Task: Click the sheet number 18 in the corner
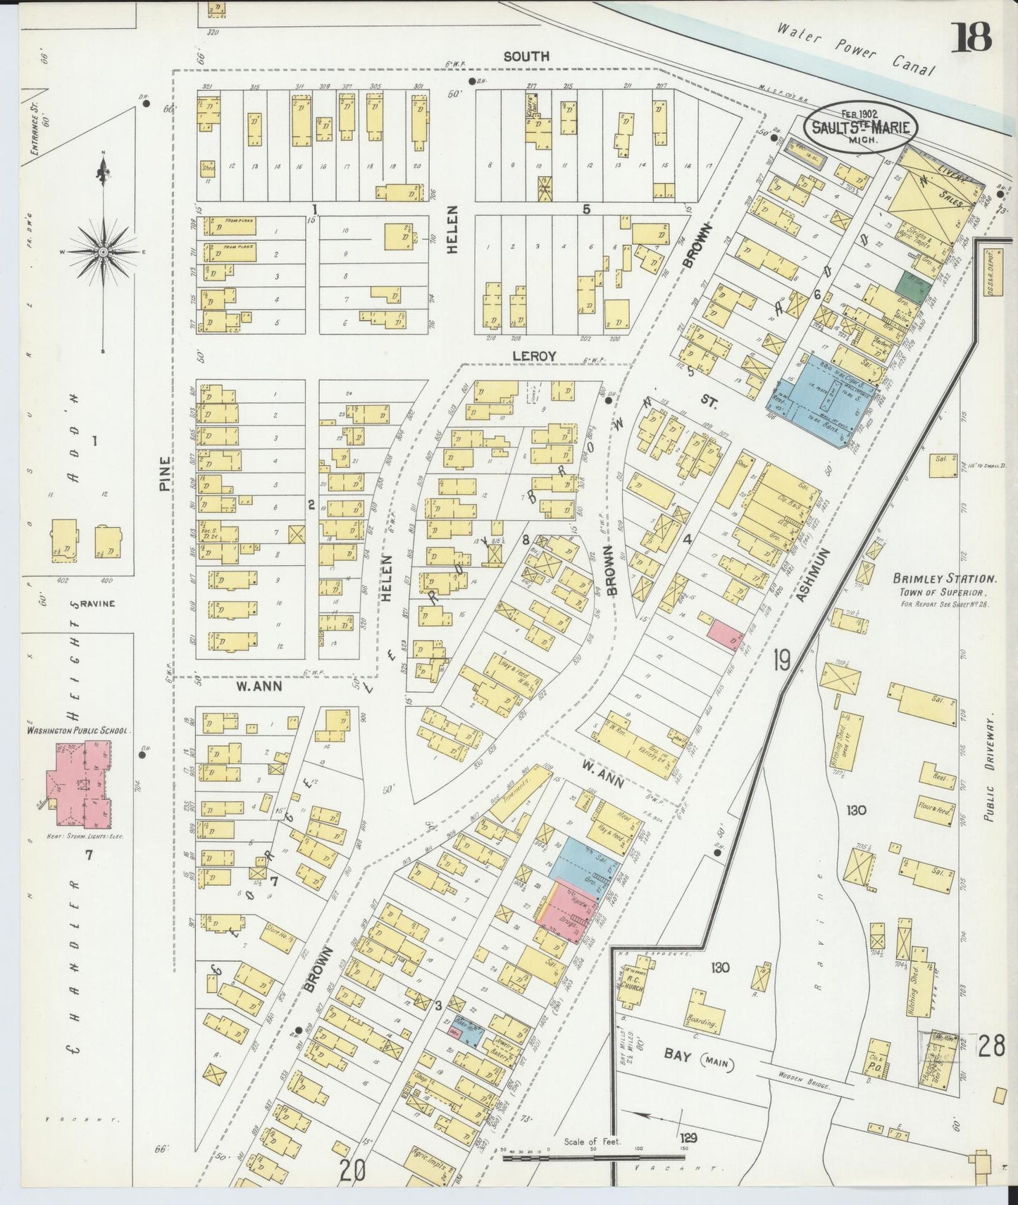(973, 37)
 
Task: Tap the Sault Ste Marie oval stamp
(861, 128)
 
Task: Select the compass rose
(103, 252)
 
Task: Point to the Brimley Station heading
(944, 579)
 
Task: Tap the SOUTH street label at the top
(526, 56)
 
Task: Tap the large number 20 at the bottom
(353, 1171)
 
